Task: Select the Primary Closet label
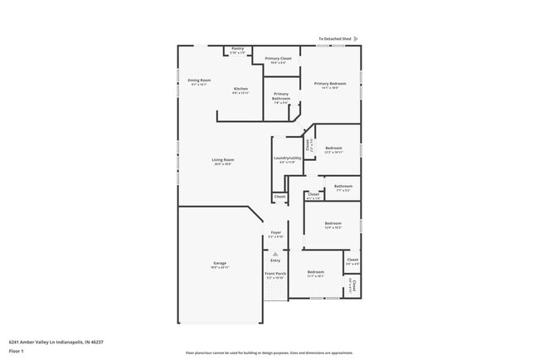point(278,60)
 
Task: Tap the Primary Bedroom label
point(330,85)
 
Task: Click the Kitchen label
point(240,90)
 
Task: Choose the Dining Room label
point(200,81)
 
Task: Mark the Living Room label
point(222,161)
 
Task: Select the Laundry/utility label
point(284,159)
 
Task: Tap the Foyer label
point(275,235)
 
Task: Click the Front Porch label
point(275,275)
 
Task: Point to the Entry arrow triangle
point(275,254)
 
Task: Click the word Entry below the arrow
point(275,260)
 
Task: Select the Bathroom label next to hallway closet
point(343,187)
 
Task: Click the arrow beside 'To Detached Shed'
point(357,38)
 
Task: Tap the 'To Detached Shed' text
point(336,38)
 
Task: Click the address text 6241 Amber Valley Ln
point(56,341)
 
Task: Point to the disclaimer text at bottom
point(269,353)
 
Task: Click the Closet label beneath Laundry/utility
point(280,197)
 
